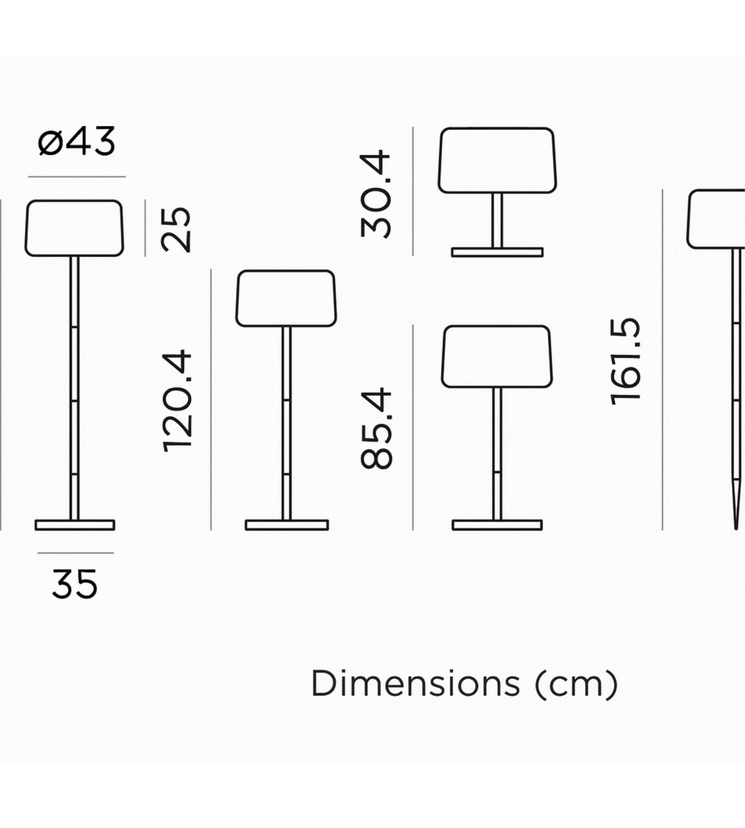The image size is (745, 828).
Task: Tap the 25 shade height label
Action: pos(176,229)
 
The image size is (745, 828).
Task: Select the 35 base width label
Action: pos(75,584)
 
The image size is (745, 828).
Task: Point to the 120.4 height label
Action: pos(177,402)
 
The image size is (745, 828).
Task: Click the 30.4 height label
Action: pos(376,193)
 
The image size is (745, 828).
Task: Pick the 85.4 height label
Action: pos(376,429)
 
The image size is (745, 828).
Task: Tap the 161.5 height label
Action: pos(625,361)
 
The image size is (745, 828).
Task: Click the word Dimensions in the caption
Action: pos(415,684)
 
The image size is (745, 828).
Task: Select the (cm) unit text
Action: pos(576,685)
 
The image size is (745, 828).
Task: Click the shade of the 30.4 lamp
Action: pos(497,160)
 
